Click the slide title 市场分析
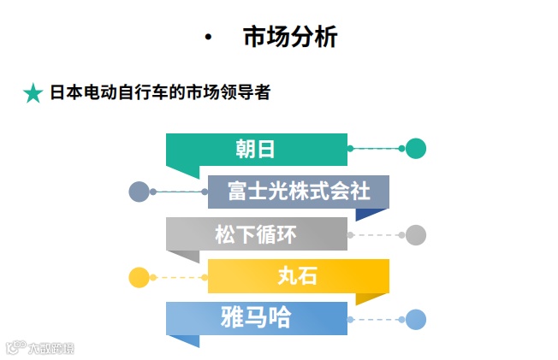click(290, 38)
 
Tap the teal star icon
click(33, 93)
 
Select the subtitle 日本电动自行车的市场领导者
click(159, 92)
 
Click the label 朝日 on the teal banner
click(255, 149)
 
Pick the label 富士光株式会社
click(299, 191)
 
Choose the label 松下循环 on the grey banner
click(255, 233)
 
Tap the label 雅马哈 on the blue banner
click(255, 318)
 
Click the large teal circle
click(416, 149)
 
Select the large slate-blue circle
click(139, 192)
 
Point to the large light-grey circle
click(416, 234)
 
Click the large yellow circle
click(139, 277)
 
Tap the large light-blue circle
click(416, 320)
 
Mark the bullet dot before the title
click(208, 38)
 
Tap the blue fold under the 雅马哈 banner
click(183, 341)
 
